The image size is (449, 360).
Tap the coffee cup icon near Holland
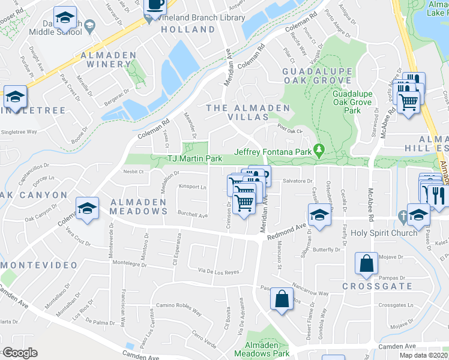[x=156, y=5]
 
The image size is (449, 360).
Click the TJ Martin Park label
[x=194, y=158]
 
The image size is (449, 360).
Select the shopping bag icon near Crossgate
[x=366, y=264]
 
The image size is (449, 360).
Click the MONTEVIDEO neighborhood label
[x=40, y=265]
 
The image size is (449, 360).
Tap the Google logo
[x=20, y=353]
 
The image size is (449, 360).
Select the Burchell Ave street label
[x=192, y=215]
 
